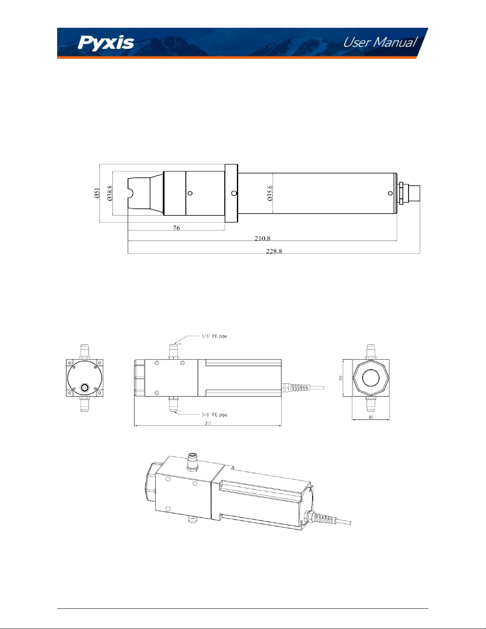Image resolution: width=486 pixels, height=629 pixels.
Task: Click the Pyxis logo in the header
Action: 106,43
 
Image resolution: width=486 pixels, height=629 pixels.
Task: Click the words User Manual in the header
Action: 380,42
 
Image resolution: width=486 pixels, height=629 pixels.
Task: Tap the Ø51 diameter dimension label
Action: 97,193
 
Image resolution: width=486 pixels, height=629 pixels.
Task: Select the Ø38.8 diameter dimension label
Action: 110,193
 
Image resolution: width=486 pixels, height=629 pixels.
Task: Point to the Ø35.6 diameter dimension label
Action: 270,193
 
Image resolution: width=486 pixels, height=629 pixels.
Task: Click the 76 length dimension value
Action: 177,228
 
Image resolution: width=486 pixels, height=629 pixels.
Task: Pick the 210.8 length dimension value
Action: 262,238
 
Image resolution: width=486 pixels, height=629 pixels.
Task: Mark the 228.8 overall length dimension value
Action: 274,251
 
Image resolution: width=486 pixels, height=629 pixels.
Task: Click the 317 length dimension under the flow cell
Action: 208,423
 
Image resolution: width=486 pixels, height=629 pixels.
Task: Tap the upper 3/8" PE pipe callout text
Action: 214,337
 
